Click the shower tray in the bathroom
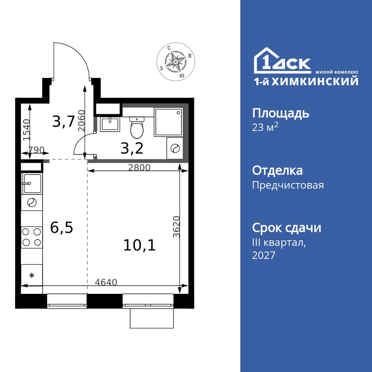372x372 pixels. coord(169,122)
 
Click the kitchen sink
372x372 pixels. coord(32,183)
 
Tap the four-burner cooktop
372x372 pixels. coord(32,237)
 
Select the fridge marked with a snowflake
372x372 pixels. coord(32,275)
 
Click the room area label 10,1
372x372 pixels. coord(139,245)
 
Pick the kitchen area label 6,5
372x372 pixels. coord(62,228)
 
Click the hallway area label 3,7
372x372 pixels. coord(64,121)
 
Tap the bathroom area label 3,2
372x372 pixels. coord(132,148)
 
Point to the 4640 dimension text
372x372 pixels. coord(106,282)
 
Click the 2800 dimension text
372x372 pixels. coord(139,168)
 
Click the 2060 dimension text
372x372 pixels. coord(82,121)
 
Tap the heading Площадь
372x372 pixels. coord(280,113)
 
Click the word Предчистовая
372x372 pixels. coord(288,185)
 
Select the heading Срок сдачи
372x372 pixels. coord(286,228)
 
